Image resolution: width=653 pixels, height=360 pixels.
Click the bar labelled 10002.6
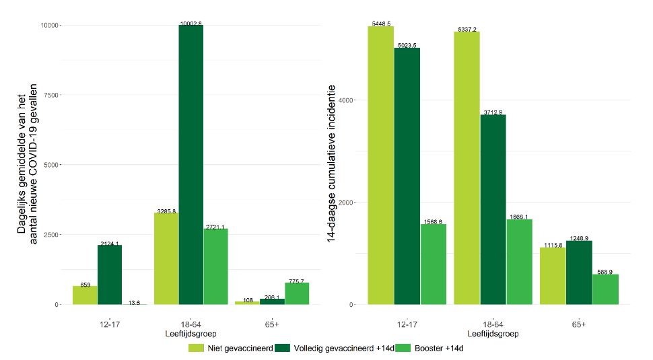click(x=191, y=165)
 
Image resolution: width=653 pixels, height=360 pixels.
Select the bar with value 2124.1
click(x=110, y=275)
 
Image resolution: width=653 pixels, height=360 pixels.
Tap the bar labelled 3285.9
click(x=166, y=258)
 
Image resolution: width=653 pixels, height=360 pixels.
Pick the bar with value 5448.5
click(x=380, y=166)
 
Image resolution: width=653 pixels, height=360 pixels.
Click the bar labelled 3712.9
click(x=493, y=209)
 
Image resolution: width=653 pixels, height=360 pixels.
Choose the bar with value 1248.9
click(x=579, y=273)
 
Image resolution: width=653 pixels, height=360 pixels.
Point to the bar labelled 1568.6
click(x=434, y=264)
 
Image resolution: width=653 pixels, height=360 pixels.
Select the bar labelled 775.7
click(x=297, y=293)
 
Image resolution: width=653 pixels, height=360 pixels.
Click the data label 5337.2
click(x=467, y=29)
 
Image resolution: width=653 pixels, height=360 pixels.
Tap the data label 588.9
click(x=605, y=272)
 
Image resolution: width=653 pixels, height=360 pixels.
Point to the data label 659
click(x=85, y=284)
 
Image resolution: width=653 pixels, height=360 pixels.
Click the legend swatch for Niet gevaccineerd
click(x=196, y=348)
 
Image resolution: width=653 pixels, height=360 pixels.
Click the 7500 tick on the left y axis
click(x=52, y=95)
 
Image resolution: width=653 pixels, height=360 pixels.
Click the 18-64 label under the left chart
click(x=191, y=324)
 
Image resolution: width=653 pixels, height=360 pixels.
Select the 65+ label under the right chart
click(x=579, y=324)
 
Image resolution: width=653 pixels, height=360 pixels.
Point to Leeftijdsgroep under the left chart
click(x=191, y=334)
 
